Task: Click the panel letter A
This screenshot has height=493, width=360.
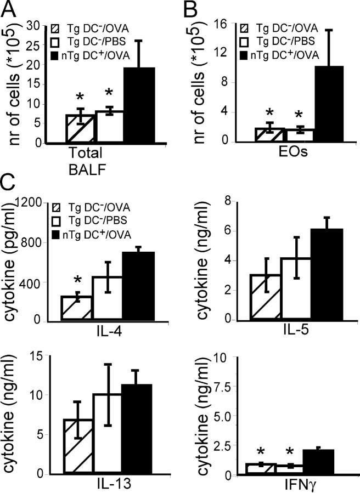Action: point(10,9)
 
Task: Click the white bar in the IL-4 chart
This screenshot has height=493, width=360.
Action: point(107,298)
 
